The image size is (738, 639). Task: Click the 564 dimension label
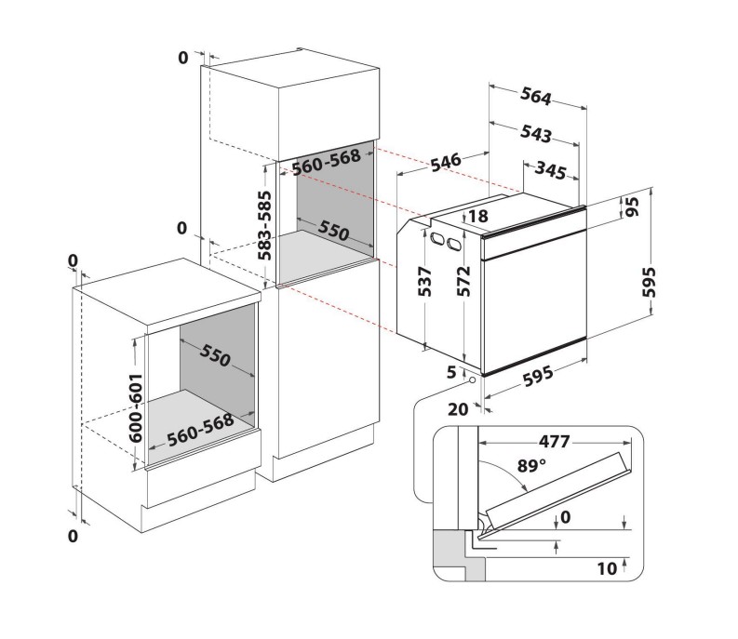536,97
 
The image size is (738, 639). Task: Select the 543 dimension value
536,134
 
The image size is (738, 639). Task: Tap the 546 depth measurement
446,161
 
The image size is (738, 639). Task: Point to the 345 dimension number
551,170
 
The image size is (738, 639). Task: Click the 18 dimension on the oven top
478,216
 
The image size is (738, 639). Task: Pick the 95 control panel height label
633,206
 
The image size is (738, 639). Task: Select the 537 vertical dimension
425,282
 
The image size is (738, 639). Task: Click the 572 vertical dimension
464,282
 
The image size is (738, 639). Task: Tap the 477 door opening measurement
555,442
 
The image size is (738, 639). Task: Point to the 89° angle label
531,466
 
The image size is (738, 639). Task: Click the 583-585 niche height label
264,225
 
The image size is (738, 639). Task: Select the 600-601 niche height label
136,408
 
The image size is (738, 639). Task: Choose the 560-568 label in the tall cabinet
326,163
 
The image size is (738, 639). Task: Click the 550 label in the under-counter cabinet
215,354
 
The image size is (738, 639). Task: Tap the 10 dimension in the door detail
607,569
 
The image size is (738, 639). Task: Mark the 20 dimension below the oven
458,409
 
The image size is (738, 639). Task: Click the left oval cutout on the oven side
436,238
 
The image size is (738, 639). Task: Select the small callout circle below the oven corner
472,379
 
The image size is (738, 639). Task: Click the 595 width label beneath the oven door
538,377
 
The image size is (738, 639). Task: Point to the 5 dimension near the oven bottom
452,373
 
